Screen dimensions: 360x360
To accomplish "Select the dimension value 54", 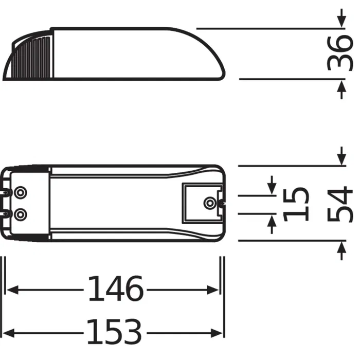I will tap(341, 204).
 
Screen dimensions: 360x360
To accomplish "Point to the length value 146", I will tap(115, 290).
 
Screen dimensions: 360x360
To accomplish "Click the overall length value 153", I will tap(114, 332).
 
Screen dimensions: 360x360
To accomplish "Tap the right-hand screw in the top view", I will tap(209, 203).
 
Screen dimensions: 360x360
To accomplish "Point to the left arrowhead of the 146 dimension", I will tap(11, 290).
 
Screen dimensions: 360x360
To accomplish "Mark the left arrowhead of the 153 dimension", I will tap(11, 332).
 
